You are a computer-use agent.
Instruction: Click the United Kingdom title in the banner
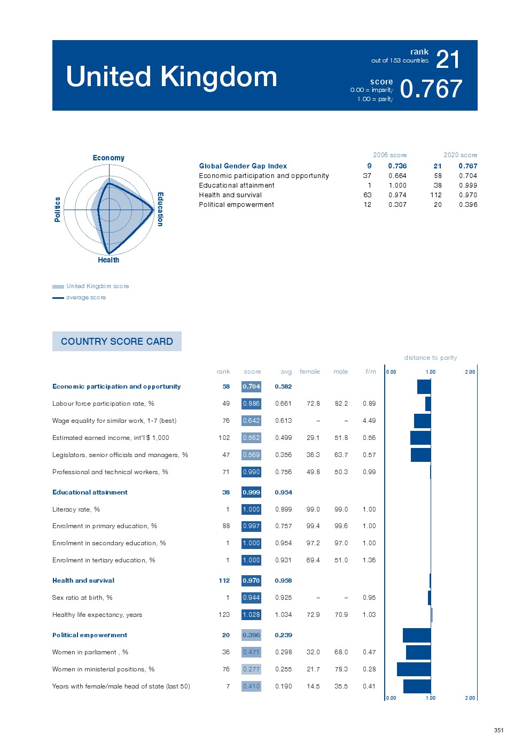tap(172, 76)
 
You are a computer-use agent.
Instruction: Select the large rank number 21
tap(448, 59)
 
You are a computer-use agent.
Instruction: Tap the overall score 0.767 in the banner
tap(431, 89)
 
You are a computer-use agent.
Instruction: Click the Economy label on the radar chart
tap(108, 158)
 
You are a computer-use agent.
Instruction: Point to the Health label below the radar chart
tap(108, 260)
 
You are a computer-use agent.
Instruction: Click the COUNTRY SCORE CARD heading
tap(117, 342)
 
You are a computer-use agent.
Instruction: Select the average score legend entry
tap(85, 297)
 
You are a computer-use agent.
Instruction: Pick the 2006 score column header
tap(389, 155)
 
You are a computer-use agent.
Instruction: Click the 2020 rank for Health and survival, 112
tap(435, 195)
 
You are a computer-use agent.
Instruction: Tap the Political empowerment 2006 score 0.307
tap(397, 205)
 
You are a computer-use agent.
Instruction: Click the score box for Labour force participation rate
tap(251, 404)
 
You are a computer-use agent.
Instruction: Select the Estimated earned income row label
tap(111, 438)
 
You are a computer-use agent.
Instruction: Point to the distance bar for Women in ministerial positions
tap(414, 669)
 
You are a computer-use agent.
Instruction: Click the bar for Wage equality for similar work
tap(422, 421)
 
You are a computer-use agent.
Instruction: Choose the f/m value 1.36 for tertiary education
tap(369, 560)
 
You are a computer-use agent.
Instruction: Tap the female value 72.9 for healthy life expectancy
tap(313, 615)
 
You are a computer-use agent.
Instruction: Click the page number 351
tap(498, 730)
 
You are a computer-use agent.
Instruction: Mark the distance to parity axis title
tap(430, 358)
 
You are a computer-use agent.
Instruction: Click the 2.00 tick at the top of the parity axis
tap(470, 372)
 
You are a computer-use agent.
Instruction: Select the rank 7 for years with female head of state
tap(228, 686)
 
